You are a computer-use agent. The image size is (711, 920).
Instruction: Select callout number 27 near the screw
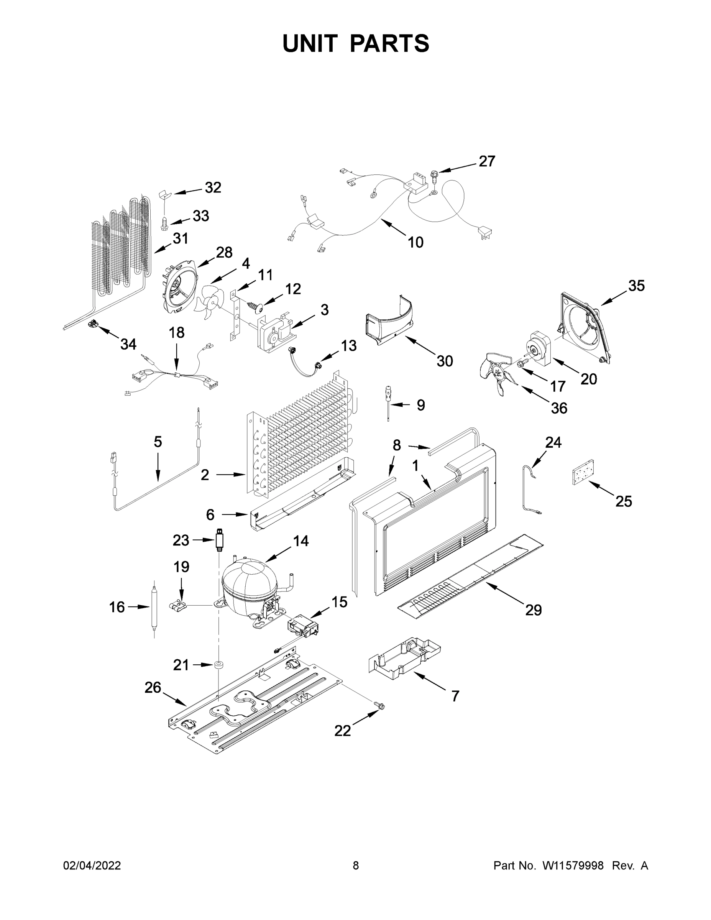(x=487, y=161)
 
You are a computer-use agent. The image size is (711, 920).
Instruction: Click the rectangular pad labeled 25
(x=583, y=473)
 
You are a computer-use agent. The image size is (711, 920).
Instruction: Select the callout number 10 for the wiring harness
(x=415, y=242)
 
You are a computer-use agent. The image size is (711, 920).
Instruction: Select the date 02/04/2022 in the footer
(x=92, y=866)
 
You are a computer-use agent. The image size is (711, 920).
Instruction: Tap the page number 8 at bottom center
(x=356, y=866)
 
